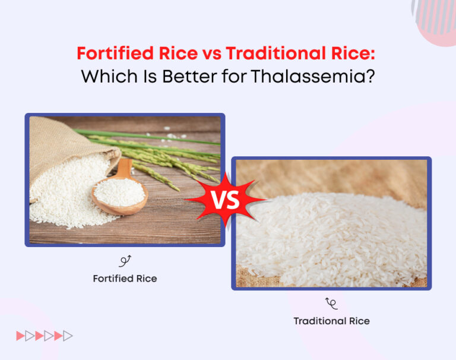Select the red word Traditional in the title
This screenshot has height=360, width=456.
click(x=269, y=54)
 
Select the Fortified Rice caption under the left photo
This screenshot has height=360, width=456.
click(x=125, y=278)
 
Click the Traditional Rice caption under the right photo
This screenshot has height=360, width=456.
click(x=331, y=321)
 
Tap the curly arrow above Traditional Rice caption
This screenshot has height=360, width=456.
click(x=331, y=304)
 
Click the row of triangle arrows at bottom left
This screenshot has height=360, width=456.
click(x=45, y=336)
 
